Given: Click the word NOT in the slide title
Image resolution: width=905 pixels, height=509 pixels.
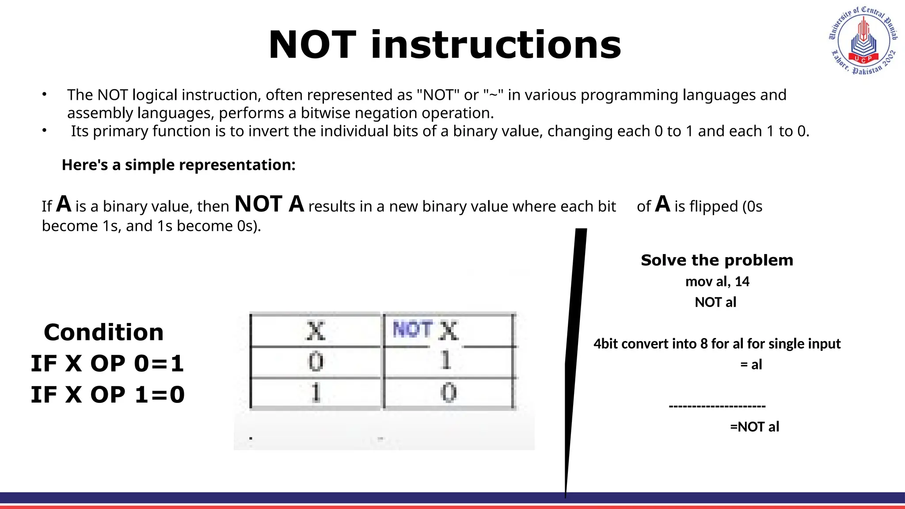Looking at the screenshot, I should [312, 45].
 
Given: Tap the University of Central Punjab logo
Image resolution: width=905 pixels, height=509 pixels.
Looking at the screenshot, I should [863, 41].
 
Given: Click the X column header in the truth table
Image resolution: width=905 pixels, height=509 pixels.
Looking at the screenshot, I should [316, 330].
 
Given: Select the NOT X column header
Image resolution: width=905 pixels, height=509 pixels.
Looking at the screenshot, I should [426, 330].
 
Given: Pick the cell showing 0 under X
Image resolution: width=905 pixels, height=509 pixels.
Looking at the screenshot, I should [316, 362].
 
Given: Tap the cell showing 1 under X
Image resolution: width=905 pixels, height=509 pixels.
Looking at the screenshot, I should [316, 392].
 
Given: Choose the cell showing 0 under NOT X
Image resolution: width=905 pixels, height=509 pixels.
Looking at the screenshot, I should [448, 392].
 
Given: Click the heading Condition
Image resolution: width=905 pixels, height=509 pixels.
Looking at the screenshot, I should [104, 332].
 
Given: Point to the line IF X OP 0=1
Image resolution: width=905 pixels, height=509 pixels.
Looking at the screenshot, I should [107, 364].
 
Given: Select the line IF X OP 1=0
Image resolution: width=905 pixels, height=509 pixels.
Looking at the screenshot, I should [107, 395].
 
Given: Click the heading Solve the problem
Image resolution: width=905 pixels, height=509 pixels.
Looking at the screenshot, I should [717, 260].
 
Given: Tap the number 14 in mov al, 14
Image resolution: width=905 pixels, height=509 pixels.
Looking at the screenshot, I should [742, 281].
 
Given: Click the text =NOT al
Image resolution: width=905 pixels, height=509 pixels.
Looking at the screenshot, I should [754, 427].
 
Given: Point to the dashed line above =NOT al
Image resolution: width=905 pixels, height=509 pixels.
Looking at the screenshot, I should [717, 406].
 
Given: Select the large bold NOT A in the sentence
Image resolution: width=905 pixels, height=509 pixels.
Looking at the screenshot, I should [269, 205].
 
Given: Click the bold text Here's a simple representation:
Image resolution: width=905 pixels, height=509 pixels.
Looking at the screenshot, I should [179, 165].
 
